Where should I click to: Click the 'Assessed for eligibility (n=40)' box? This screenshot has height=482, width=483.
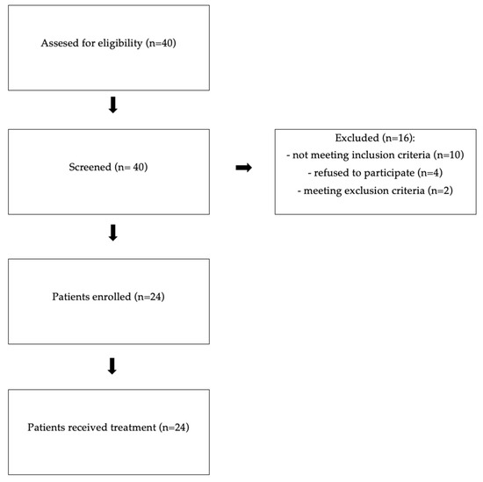(109, 44)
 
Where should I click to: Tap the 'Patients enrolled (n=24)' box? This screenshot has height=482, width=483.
(109, 299)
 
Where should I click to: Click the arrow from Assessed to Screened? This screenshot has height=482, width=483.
(112, 106)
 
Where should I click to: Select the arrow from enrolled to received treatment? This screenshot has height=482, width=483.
(112, 365)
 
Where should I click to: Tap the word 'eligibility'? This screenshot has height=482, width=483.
(121, 44)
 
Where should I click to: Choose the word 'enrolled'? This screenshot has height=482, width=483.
(113, 299)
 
